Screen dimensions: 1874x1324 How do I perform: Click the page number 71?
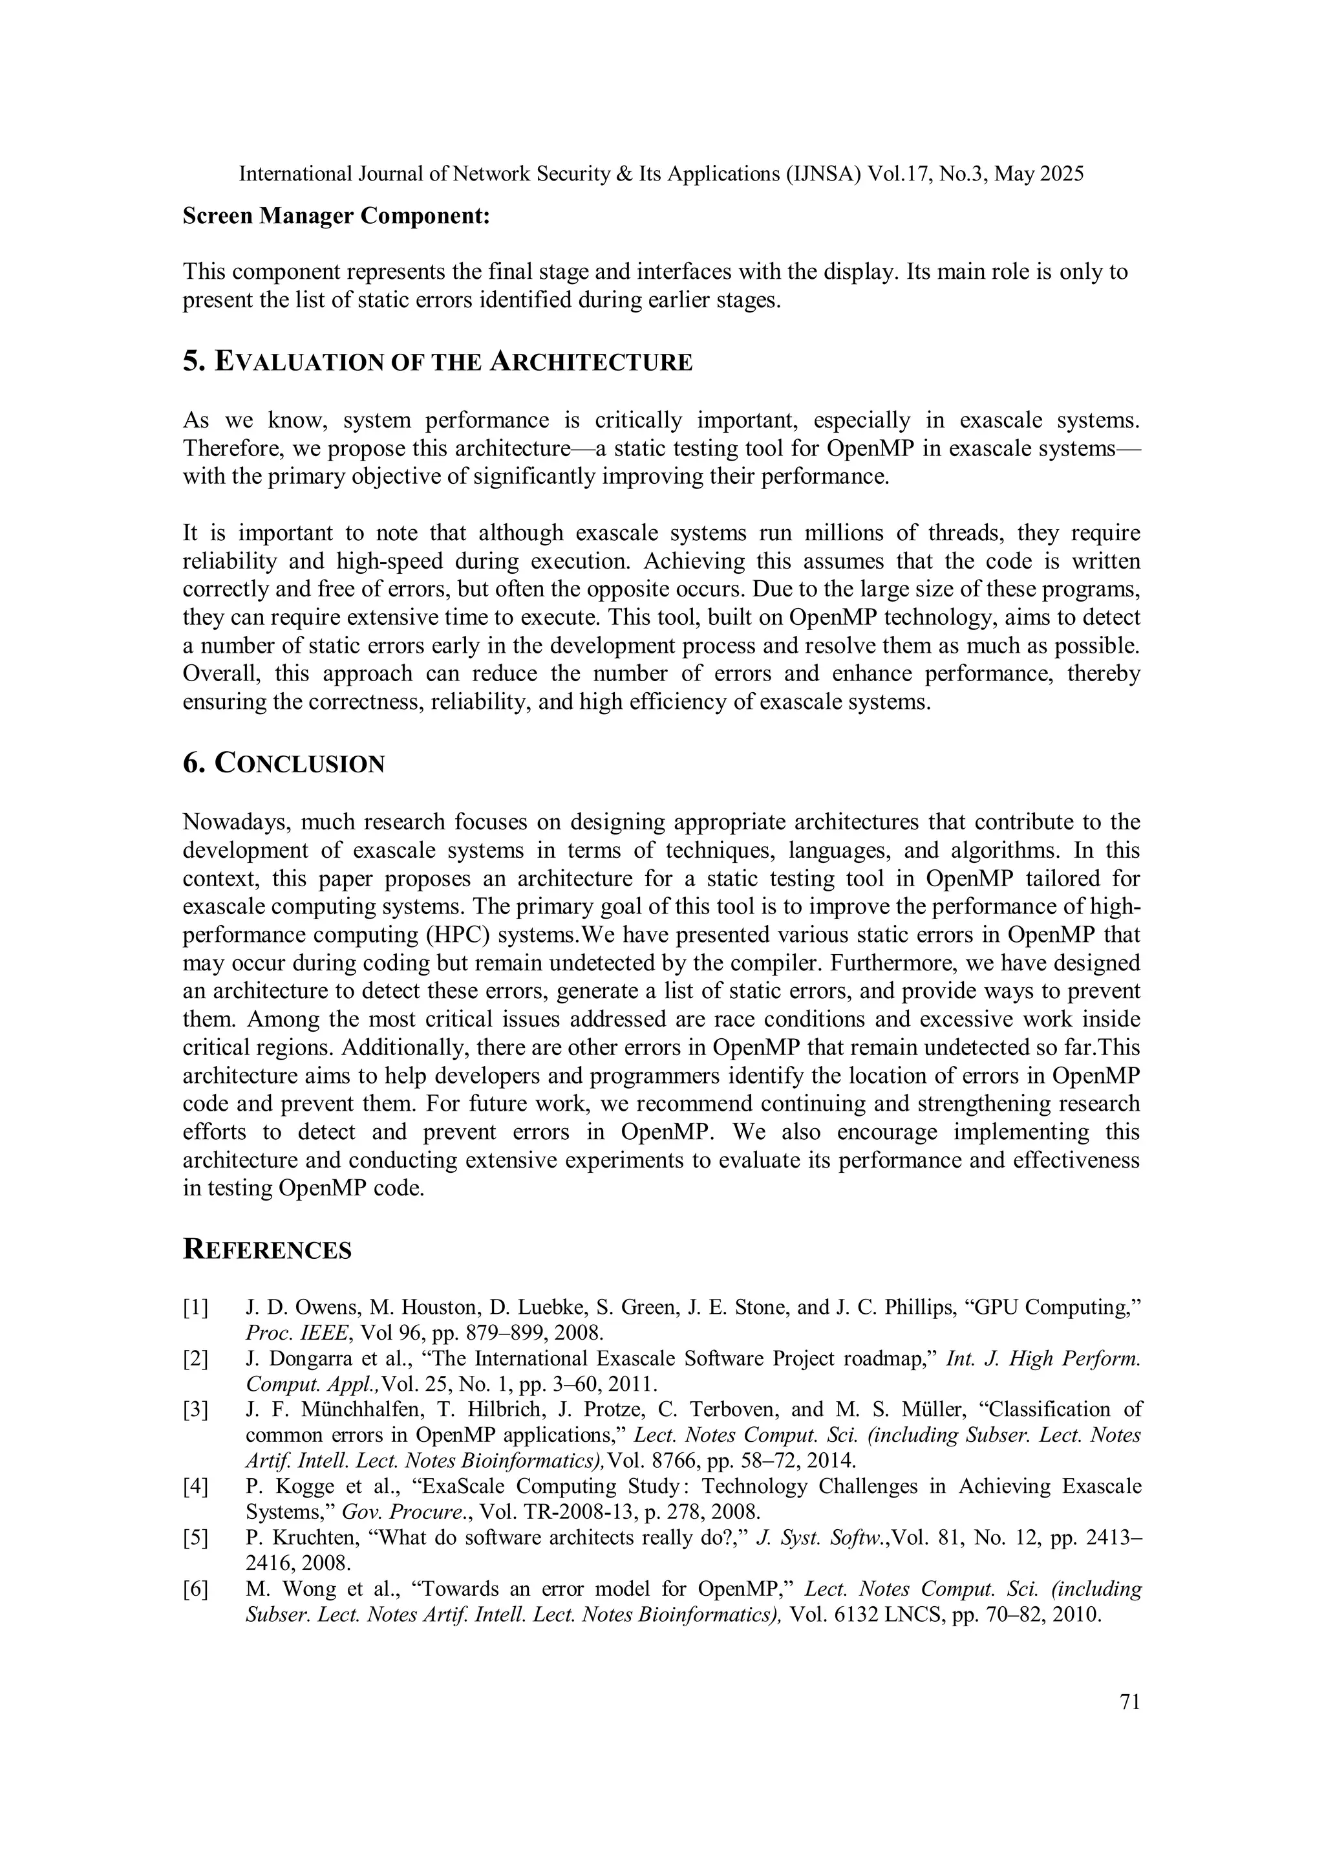1129,1701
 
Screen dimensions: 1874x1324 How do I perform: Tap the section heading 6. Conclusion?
283,763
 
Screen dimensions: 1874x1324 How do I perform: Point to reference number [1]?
195,1307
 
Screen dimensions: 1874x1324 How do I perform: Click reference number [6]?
195,1588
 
